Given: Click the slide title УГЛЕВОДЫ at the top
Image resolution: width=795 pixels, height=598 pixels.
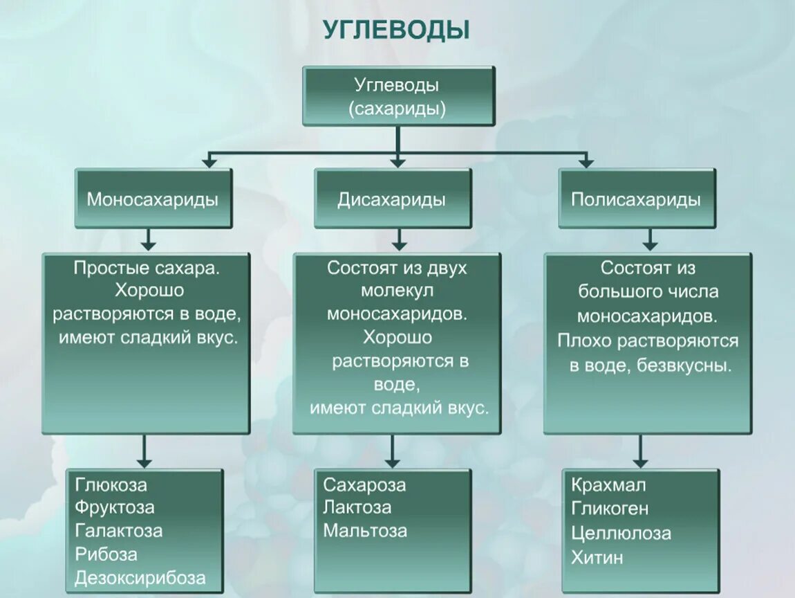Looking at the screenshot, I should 396,30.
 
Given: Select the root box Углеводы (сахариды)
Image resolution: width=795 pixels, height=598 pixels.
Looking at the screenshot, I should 398,96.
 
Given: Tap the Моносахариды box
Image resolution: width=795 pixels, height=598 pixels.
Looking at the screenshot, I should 153,199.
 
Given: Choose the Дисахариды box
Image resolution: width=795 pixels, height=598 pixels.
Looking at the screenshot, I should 392,199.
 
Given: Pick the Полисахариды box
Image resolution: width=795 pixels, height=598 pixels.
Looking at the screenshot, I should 636,199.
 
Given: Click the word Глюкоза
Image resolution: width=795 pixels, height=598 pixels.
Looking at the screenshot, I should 111,484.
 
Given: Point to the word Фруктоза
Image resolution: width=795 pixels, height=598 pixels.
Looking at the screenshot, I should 115,507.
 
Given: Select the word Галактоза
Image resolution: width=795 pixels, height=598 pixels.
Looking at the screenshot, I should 119,531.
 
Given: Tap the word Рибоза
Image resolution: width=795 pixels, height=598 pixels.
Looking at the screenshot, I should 106,554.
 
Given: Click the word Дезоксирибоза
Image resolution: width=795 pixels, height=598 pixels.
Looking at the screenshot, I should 140,578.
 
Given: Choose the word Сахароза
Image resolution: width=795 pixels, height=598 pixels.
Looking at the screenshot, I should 364,484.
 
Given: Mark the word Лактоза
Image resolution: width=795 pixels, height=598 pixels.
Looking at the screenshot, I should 357,507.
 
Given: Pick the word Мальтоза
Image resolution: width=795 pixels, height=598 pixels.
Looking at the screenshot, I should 365,531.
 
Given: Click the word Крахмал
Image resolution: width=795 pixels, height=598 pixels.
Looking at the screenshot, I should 608,484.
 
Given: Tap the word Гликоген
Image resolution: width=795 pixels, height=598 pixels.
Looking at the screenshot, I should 610,509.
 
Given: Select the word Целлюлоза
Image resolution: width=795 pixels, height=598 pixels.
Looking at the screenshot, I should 621,533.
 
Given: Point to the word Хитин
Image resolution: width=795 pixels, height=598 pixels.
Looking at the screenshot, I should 597,557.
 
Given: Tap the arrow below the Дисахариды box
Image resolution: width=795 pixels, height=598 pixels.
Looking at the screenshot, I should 398,239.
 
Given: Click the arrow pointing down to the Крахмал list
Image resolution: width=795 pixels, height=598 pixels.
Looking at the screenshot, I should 641,451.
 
